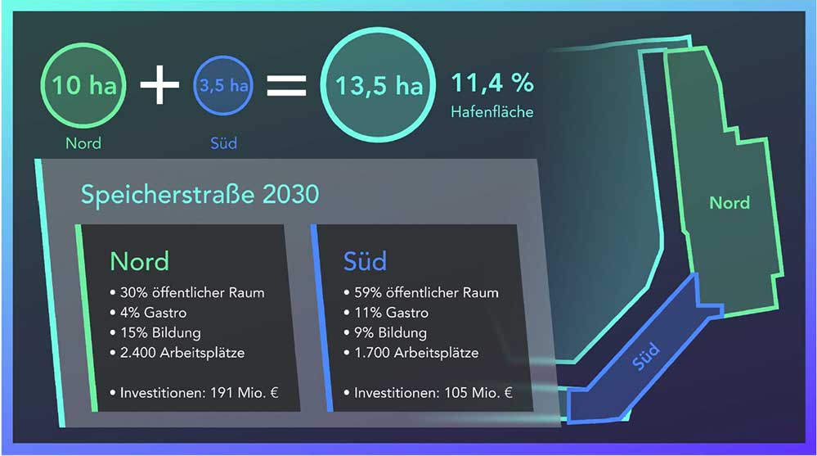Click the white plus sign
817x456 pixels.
(x=160, y=84)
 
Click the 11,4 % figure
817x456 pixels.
(x=492, y=83)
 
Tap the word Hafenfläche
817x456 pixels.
(x=492, y=111)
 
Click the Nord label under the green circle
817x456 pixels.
(x=83, y=143)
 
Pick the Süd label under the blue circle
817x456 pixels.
(x=223, y=143)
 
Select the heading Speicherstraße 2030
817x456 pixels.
(x=200, y=195)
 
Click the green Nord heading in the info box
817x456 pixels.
(x=140, y=261)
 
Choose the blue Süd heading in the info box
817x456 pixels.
(x=365, y=261)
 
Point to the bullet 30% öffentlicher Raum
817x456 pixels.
(x=187, y=293)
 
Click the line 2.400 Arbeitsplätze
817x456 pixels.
(x=177, y=353)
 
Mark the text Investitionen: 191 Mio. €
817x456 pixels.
(x=195, y=393)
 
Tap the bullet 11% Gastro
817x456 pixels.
(x=386, y=313)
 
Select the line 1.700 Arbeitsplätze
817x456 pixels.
(x=411, y=353)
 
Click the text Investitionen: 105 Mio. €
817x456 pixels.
(x=429, y=393)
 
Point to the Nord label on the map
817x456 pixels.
(x=729, y=202)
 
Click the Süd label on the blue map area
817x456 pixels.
(x=646, y=356)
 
